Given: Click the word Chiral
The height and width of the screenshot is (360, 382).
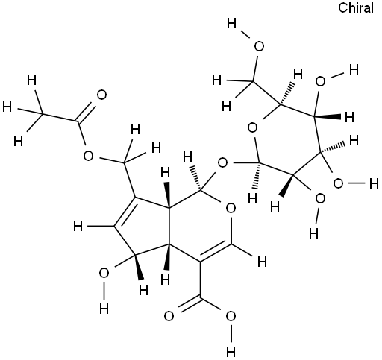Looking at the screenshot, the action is (x=356, y=7).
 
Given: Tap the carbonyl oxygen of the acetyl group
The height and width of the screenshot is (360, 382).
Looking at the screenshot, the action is (x=101, y=95).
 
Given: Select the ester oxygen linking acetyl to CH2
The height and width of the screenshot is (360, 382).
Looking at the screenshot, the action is (x=88, y=157).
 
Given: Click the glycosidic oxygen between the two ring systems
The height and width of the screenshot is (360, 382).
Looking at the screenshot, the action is (x=222, y=163).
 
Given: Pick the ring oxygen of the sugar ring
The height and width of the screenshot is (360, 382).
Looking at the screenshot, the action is (x=252, y=128).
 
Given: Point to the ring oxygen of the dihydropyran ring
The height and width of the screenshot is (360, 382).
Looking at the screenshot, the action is (x=231, y=208).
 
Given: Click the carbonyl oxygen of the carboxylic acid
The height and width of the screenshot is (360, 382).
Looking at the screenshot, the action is (x=169, y=317).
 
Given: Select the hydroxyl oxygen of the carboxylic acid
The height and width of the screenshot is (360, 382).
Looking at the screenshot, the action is (x=231, y=317).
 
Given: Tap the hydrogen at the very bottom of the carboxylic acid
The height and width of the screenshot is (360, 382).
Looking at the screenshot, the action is (x=231, y=351).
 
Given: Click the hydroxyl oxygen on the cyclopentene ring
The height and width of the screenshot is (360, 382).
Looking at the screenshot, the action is (x=104, y=274).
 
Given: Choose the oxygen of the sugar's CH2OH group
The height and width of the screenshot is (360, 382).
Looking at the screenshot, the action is (x=259, y=47).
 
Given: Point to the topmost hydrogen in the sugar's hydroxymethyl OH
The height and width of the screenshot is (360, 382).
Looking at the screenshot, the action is (x=232, y=25).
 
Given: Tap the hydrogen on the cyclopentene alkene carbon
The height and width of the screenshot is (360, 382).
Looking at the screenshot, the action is (x=78, y=227).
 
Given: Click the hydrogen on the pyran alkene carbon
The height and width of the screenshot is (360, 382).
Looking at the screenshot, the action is (x=262, y=262).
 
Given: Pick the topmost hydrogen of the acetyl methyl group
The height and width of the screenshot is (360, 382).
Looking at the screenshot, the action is (x=31, y=80).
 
